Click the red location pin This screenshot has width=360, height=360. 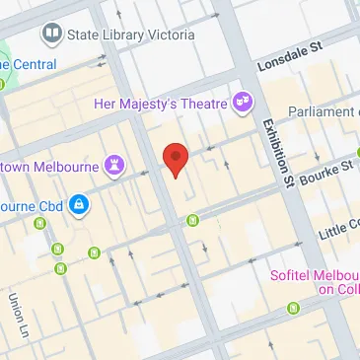[x=175, y=157]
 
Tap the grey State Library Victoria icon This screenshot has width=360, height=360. [x=51, y=35]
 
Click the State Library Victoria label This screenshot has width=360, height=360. [x=129, y=35]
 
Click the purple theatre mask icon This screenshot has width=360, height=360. [x=241, y=102]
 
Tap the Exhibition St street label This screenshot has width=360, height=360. [x=275, y=153]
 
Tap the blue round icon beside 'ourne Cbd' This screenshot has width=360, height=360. [x=79, y=206]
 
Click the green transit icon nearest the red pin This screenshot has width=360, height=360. [x=193, y=219]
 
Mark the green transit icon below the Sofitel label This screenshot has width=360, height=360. [x=293, y=309]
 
